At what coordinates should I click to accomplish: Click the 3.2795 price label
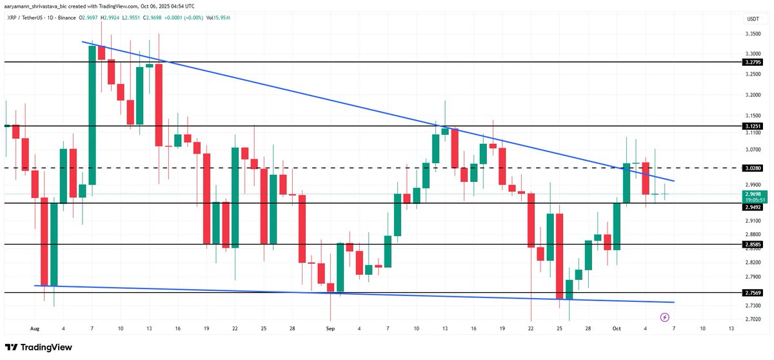[x=753, y=62]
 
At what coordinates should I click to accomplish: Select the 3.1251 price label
[x=753, y=126]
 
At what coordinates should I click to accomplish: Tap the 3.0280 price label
[x=753, y=168]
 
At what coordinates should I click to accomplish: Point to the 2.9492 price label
[x=753, y=208]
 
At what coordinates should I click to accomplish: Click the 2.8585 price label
[x=753, y=245]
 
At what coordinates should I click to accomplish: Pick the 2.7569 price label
[x=753, y=292]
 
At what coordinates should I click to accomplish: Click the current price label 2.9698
[x=753, y=194]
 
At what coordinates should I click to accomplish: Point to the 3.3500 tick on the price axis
[x=753, y=34]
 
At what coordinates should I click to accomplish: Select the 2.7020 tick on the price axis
[x=753, y=319]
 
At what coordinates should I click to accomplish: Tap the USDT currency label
[x=752, y=20]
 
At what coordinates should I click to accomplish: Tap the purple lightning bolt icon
[x=664, y=317]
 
